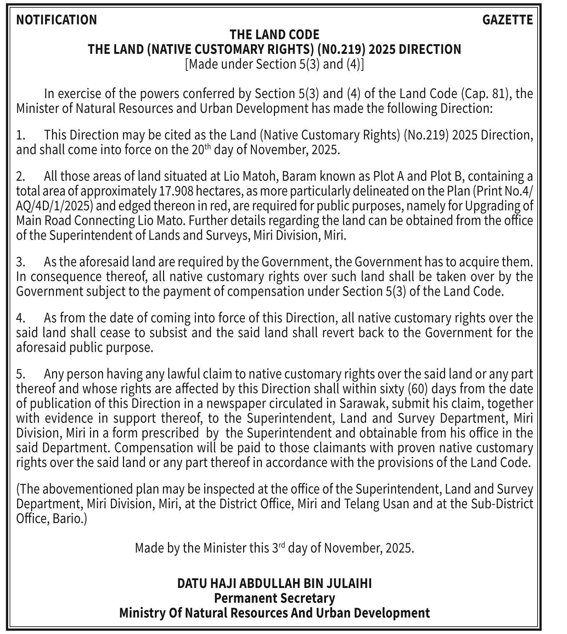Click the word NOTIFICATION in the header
click(56, 20)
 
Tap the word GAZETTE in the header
click(507, 20)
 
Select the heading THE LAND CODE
click(274, 35)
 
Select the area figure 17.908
click(174, 191)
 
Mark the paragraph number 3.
click(21, 262)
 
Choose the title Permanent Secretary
click(274, 598)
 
